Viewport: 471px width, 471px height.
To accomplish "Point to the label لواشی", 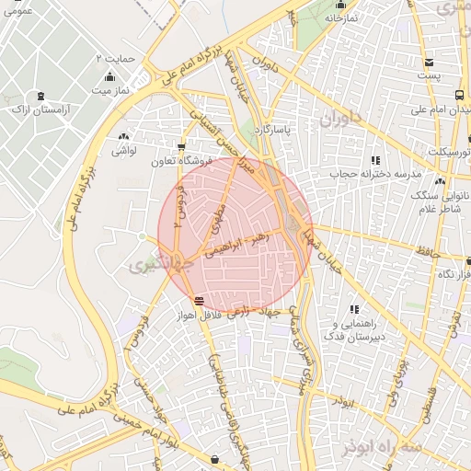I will [124, 148].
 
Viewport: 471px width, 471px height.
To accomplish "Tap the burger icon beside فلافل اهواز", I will [200, 301].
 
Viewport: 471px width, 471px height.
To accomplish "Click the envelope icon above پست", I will [429, 62].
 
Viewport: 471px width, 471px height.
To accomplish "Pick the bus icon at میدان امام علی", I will [460, 95].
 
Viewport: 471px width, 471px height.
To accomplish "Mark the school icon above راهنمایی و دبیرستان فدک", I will [354, 309].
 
